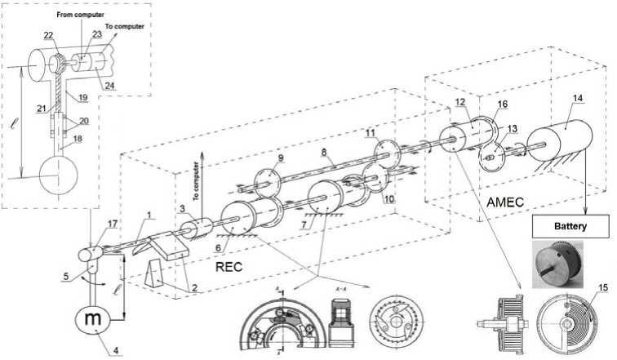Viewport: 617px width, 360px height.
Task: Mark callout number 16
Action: tap(503, 104)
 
